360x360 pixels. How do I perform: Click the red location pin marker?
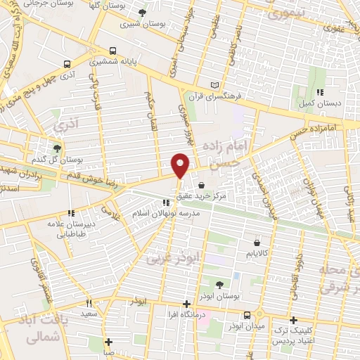click(x=181, y=166)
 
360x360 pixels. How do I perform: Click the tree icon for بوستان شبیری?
click(x=143, y=13)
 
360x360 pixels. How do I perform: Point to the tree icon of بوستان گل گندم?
click(x=56, y=148)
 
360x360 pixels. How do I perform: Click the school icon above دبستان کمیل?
click(x=319, y=92)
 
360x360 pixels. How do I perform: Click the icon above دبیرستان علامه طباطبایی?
click(x=70, y=212)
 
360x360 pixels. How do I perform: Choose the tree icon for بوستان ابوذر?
click(x=219, y=284)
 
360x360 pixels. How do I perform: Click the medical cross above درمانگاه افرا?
click(x=186, y=304)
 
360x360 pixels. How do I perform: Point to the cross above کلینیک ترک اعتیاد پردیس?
click(x=293, y=320)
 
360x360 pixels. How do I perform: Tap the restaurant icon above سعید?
click(x=89, y=303)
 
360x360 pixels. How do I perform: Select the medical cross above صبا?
click(x=108, y=342)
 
